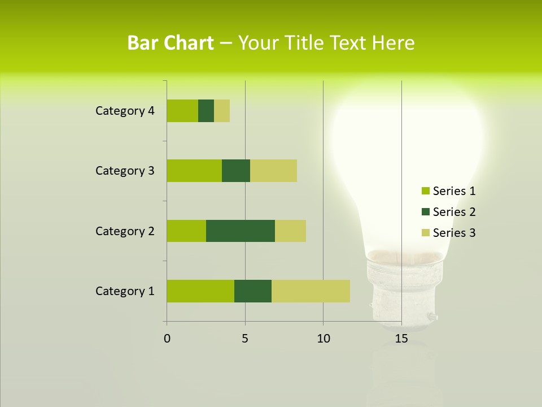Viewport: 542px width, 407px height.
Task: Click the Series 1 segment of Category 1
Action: tap(200, 291)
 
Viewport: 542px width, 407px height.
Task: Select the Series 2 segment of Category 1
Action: tap(253, 291)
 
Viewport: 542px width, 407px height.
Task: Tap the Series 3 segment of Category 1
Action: tap(311, 291)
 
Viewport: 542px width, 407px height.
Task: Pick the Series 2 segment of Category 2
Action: tap(241, 231)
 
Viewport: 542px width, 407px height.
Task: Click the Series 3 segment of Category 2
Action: tap(290, 231)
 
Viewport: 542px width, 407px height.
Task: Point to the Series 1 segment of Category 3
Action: tap(194, 171)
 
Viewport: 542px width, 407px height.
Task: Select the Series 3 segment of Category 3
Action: tap(273, 171)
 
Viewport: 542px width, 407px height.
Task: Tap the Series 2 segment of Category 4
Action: tap(206, 111)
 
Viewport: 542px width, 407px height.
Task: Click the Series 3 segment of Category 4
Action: tap(222, 111)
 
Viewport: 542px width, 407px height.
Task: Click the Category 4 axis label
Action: tap(125, 111)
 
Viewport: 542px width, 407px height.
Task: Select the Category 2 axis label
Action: tap(125, 231)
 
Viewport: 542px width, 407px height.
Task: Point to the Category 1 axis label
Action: tap(125, 291)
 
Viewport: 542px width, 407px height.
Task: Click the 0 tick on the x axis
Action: tap(167, 339)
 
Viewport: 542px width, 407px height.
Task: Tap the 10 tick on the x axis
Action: tap(323, 339)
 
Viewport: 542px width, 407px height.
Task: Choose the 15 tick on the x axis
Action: tap(401, 339)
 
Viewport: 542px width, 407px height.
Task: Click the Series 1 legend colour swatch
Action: tap(425, 191)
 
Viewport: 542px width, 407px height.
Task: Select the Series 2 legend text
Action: tap(454, 212)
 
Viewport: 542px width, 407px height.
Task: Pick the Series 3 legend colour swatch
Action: tap(425, 233)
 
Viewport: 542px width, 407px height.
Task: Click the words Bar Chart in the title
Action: tap(171, 43)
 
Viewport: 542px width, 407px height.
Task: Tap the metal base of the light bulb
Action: tap(402, 294)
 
